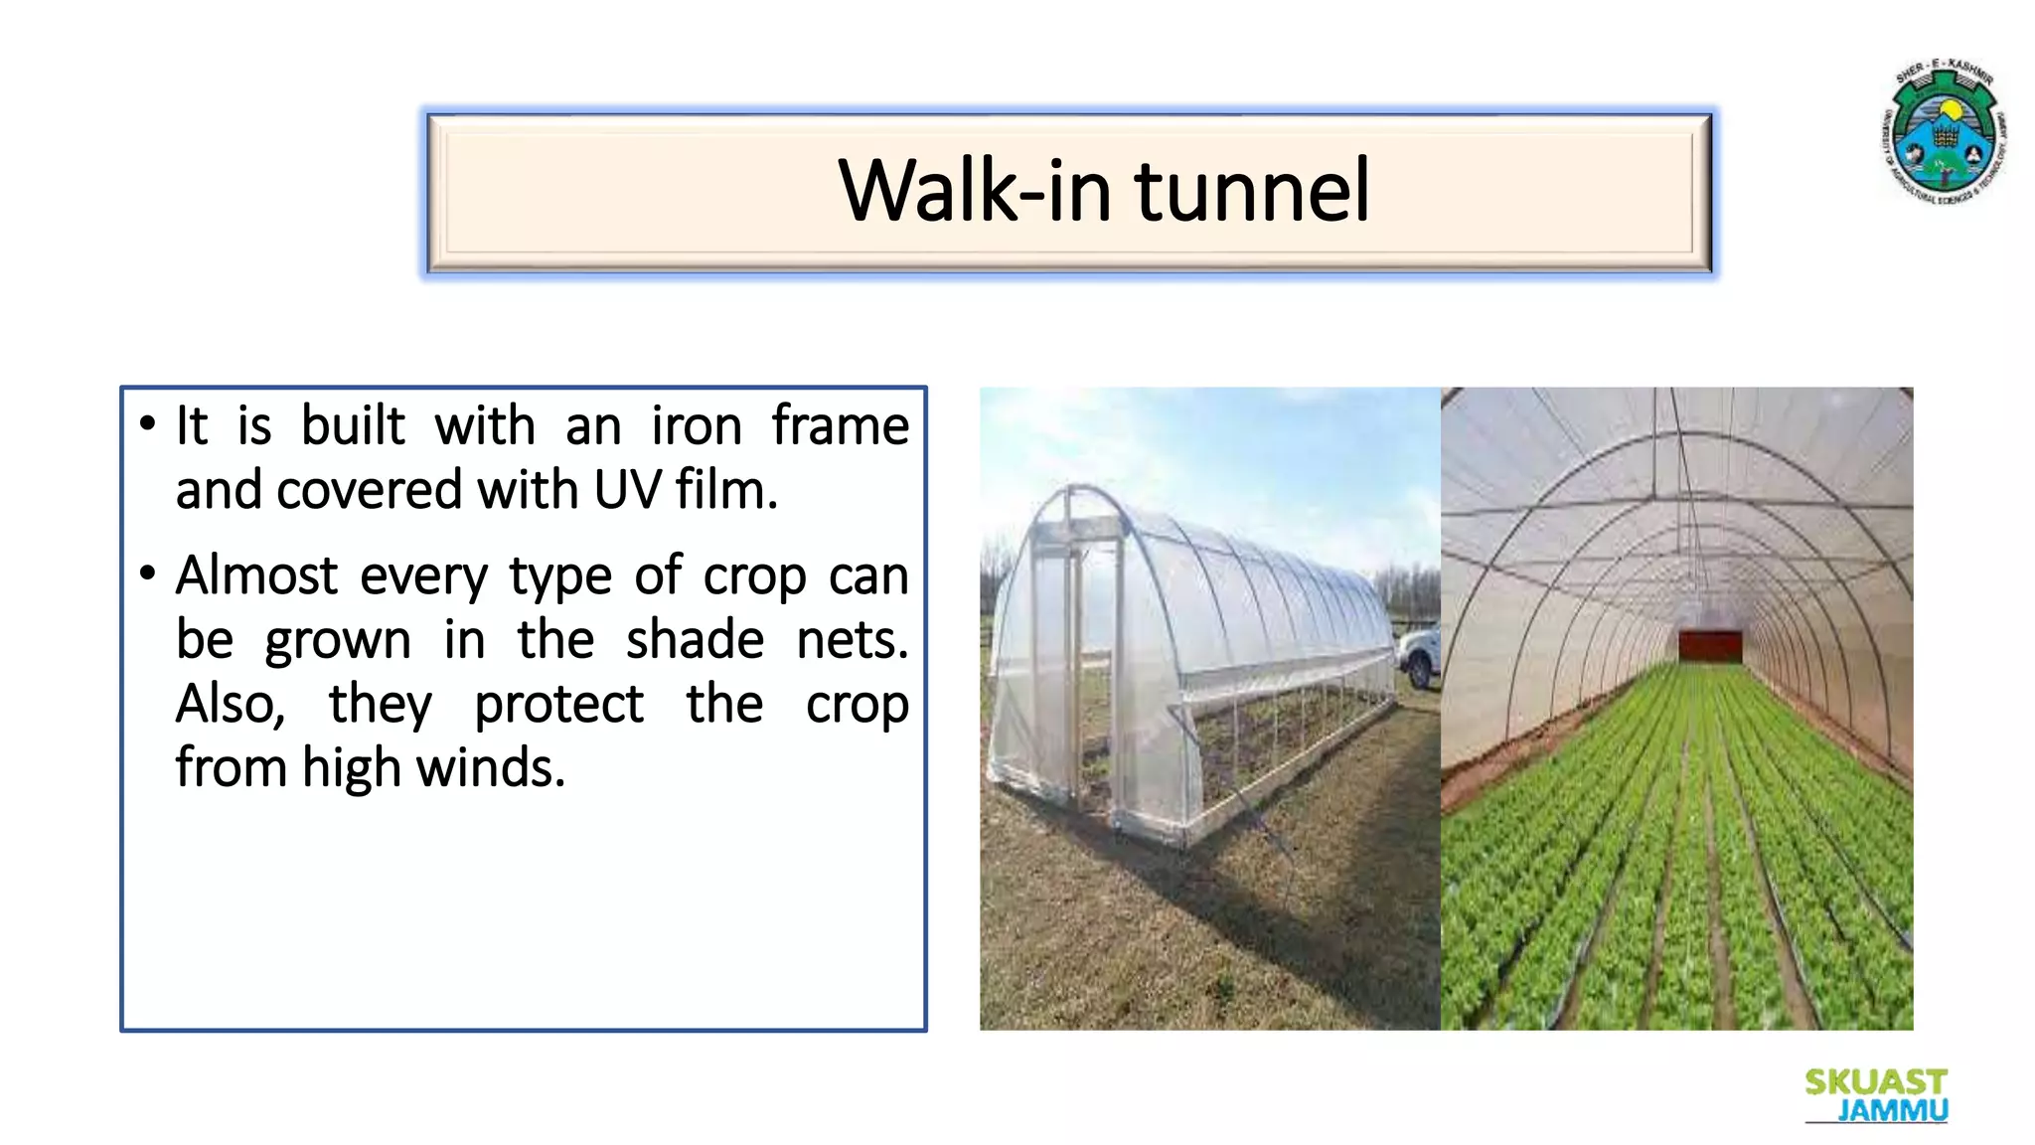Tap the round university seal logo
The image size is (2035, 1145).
pos(1945,132)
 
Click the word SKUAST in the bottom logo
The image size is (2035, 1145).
pos(1875,1081)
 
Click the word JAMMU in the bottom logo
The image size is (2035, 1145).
pos(1892,1109)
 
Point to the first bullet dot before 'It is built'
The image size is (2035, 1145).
pos(148,425)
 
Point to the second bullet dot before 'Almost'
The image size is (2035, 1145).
pos(148,573)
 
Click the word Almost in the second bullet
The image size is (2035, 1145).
pos(256,575)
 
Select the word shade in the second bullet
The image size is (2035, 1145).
pos(695,639)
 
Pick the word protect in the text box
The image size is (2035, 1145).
pos(558,705)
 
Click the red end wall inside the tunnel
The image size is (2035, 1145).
pos(1709,645)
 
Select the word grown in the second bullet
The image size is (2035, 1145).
pos(338,641)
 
